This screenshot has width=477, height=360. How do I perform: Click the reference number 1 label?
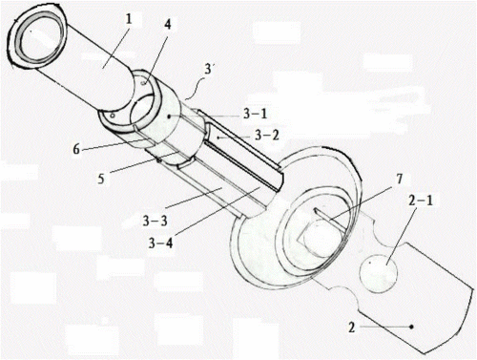[128, 20]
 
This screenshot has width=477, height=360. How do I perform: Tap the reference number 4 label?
[168, 24]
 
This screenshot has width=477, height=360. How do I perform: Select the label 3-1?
[255, 115]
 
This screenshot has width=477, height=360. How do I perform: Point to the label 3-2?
[267, 136]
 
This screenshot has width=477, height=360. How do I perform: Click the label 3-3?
[155, 221]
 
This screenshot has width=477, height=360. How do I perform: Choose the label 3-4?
[161, 244]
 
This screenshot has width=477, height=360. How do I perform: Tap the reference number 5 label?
[101, 179]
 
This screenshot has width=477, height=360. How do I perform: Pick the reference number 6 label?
[76, 149]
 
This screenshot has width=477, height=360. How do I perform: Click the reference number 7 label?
[399, 180]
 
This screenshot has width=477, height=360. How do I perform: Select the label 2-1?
[421, 201]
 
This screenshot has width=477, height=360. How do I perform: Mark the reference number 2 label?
[351, 327]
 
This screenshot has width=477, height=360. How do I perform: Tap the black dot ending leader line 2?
[411, 327]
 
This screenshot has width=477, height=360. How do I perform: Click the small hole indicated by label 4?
[144, 83]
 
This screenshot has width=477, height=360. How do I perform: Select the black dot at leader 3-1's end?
[170, 116]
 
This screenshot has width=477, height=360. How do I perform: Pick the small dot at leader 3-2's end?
[218, 138]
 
